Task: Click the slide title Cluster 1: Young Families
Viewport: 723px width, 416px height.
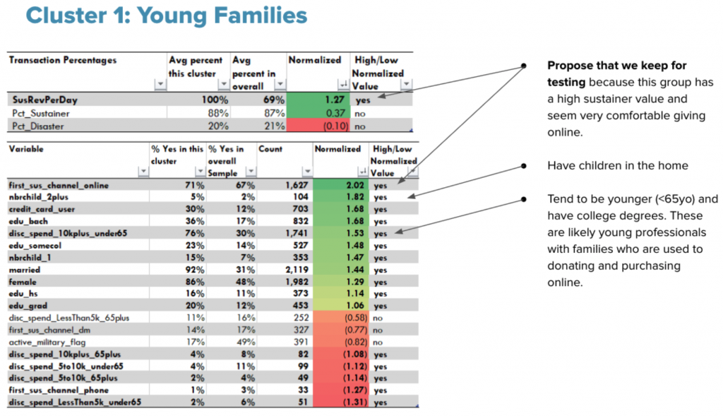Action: click(x=167, y=16)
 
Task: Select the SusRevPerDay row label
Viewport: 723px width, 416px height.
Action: click(x=44, y=100)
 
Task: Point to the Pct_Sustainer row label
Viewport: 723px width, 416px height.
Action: click(x=40, y=113)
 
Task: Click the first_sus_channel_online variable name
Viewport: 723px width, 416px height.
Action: click(x=59, y=186)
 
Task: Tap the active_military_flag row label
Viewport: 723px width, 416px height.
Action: click(x=47, y=343)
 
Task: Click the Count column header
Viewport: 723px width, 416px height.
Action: click(x=270, y=149)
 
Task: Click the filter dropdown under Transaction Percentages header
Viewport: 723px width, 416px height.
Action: click(x=160, y=84)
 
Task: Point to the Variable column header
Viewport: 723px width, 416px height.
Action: click(x=26, y=149)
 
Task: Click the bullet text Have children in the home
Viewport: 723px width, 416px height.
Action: click(x=617, y=165)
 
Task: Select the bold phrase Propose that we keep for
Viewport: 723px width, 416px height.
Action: click(x=617, y=66)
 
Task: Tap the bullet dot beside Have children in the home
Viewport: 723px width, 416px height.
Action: click(x=524, y=166)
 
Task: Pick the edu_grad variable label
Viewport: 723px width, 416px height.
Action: click(x=28, y=306)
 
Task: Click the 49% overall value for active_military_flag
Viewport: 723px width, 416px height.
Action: click(x=245, y=343)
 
